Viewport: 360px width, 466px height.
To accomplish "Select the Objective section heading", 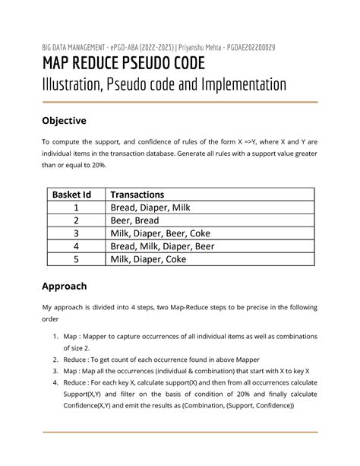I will (64, 121).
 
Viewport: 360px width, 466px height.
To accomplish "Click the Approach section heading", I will (65, 286).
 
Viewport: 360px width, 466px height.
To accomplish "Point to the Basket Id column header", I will (76, 195).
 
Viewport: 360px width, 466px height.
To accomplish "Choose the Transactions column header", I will (137, 195).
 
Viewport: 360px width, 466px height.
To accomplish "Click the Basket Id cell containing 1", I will (76, 208).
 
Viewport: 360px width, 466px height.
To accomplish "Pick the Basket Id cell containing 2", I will (76, 220).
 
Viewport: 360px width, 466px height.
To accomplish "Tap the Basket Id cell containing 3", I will (76, 233).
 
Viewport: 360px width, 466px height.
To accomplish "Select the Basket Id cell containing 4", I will (76, 246).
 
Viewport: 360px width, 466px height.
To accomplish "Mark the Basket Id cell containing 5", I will (76, 259).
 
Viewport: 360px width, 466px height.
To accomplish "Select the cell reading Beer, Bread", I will (135, 220).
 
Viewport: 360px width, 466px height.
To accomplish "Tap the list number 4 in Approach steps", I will (55, 382).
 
